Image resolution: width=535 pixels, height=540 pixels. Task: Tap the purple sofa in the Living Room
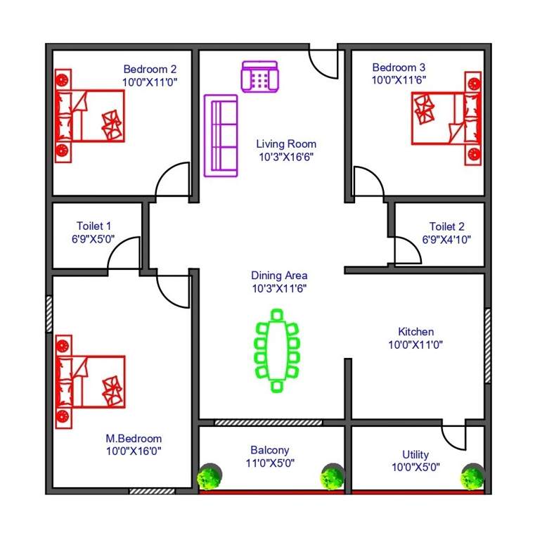point(220,135)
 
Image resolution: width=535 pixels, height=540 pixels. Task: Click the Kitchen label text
point(416,332)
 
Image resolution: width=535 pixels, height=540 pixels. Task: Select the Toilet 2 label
point(447,226)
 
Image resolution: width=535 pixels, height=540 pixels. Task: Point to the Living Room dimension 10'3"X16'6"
point(286,157)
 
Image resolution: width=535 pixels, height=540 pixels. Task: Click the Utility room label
point(415,454)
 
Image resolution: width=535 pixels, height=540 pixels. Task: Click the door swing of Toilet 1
point(124,253)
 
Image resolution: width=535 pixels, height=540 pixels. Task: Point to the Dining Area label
point(279,276)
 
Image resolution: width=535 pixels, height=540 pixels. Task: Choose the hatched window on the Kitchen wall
point(487,345)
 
